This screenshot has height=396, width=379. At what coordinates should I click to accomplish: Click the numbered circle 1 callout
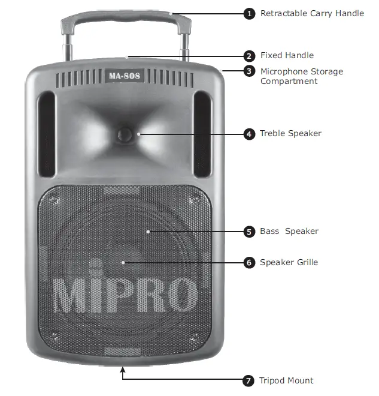point(249,13)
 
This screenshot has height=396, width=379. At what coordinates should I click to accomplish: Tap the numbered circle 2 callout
point(249,56)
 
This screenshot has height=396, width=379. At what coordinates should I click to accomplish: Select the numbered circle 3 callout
point(249,71)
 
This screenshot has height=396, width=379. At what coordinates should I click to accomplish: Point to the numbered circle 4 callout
point(249,134)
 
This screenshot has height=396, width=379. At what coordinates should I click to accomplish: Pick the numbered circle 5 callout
point(249,231)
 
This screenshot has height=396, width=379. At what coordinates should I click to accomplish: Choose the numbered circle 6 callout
point(249,262)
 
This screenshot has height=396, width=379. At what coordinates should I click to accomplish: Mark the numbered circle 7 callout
point(249,380)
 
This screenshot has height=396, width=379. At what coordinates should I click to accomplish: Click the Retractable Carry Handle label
point(311,13)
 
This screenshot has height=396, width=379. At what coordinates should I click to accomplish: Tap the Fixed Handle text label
point(287,56)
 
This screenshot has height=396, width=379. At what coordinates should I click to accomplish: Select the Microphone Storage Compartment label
point(301,76)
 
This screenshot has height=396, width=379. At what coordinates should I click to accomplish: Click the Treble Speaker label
point(290,134)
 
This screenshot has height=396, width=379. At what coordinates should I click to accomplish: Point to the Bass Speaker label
point(289,231)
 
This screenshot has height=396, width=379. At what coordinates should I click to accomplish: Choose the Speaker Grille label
point(289,262)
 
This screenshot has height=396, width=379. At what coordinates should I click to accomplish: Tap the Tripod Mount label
point(286,380)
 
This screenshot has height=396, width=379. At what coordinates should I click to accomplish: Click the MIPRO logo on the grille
point(125,295)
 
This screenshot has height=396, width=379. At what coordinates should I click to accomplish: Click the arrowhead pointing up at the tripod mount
point(123,371)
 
